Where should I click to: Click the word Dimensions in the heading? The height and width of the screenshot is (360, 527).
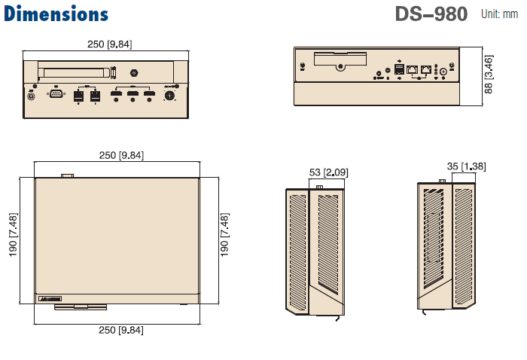point(56,14)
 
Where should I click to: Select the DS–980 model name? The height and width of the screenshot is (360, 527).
point(431,14)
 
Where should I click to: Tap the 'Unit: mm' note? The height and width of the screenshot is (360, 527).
point(499,14)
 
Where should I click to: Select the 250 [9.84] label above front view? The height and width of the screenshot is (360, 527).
point(109,44)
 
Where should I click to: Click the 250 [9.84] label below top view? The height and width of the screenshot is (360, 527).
point(120,330)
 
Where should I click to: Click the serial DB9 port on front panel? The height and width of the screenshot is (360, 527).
point(56,95)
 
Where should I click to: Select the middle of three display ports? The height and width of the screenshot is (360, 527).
point(133,95)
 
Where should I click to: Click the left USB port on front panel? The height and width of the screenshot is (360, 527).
point(79,96)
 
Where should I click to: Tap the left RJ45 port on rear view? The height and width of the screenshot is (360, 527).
point(413,69)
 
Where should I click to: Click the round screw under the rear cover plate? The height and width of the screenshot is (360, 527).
point(342,66)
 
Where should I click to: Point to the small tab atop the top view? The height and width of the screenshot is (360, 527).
point(68,175)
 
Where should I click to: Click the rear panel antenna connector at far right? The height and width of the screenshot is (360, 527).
point(452,67)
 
